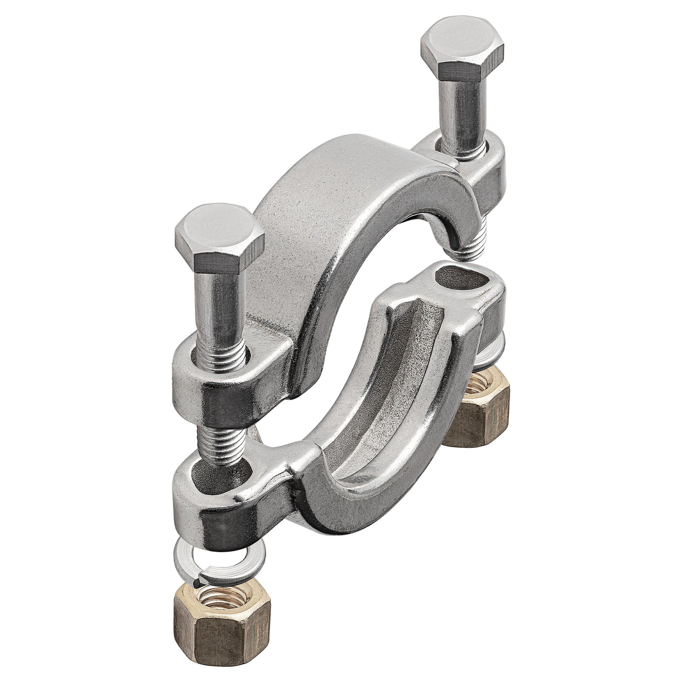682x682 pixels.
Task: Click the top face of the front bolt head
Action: click(218, 227)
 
